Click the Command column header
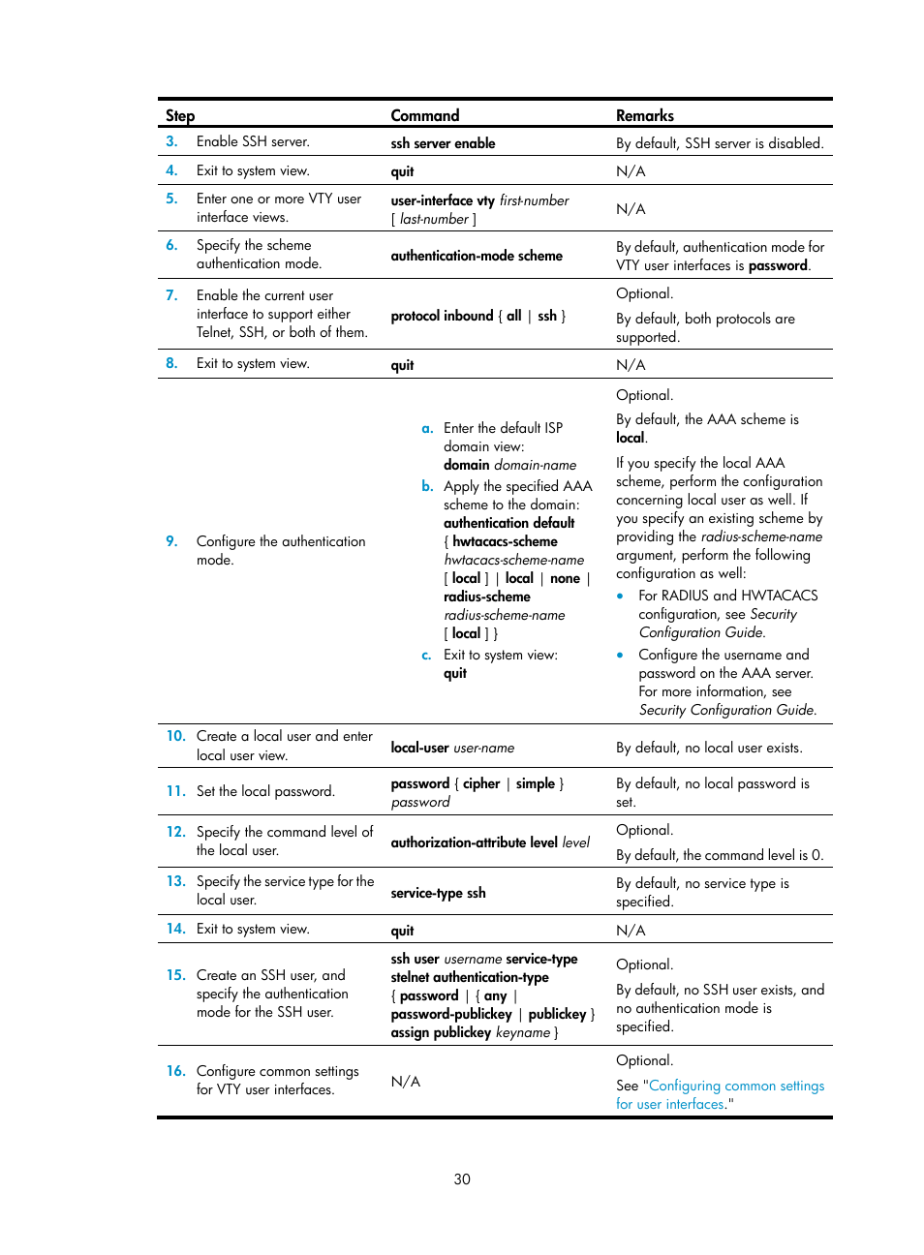(x=424, y=115)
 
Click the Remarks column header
(x=644, y=115)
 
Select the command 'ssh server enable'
(x=443, y=143)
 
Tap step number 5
(x=171, y=199)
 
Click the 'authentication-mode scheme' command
(x=476, y=256)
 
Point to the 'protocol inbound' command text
(x=442, y=316)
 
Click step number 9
(x=171, y=541)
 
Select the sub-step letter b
(x=427, y=486)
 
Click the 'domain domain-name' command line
(x=509, y=465)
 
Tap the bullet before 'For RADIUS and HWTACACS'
(x=620, y=596)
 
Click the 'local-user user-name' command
(x=452, y=748)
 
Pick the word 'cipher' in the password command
(x=481, y=783)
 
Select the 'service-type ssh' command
(x=438, y=893)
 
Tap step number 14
(x=175, y=929)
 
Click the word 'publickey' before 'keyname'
(x=462, y=1032)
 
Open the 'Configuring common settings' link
(x=736, y=1086)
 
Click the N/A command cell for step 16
(x=405, y=1081)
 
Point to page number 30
(x=462, y=1178)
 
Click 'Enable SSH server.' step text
(x=253, y=141)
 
